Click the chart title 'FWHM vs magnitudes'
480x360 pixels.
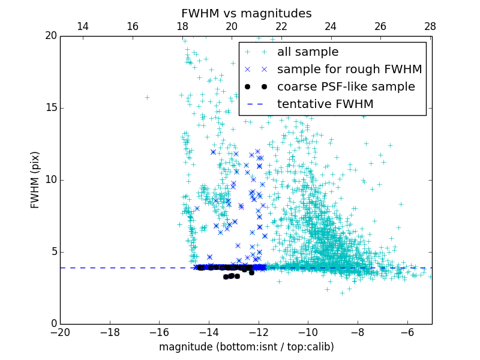(x=246, y=13)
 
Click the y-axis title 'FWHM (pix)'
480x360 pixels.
(x=35, y=180)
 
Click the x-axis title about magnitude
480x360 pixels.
(x=246, y=347)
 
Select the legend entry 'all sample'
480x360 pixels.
(x=307, y=52)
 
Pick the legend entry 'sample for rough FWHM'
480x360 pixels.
(x=349, y=70)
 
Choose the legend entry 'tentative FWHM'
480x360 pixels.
(x=325, y=104)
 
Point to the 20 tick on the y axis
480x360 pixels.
(x=50, y=36)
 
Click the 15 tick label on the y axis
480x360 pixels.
(x=50, y=108)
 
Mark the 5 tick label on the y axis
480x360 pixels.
(x=53, y=252)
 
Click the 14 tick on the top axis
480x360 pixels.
(x=83, y=26)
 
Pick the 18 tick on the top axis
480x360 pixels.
(x=182, y=26)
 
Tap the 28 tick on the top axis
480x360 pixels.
(x=430, y=26)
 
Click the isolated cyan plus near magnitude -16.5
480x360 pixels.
(x=147, y=97)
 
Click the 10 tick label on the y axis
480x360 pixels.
(x=50, y=180)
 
